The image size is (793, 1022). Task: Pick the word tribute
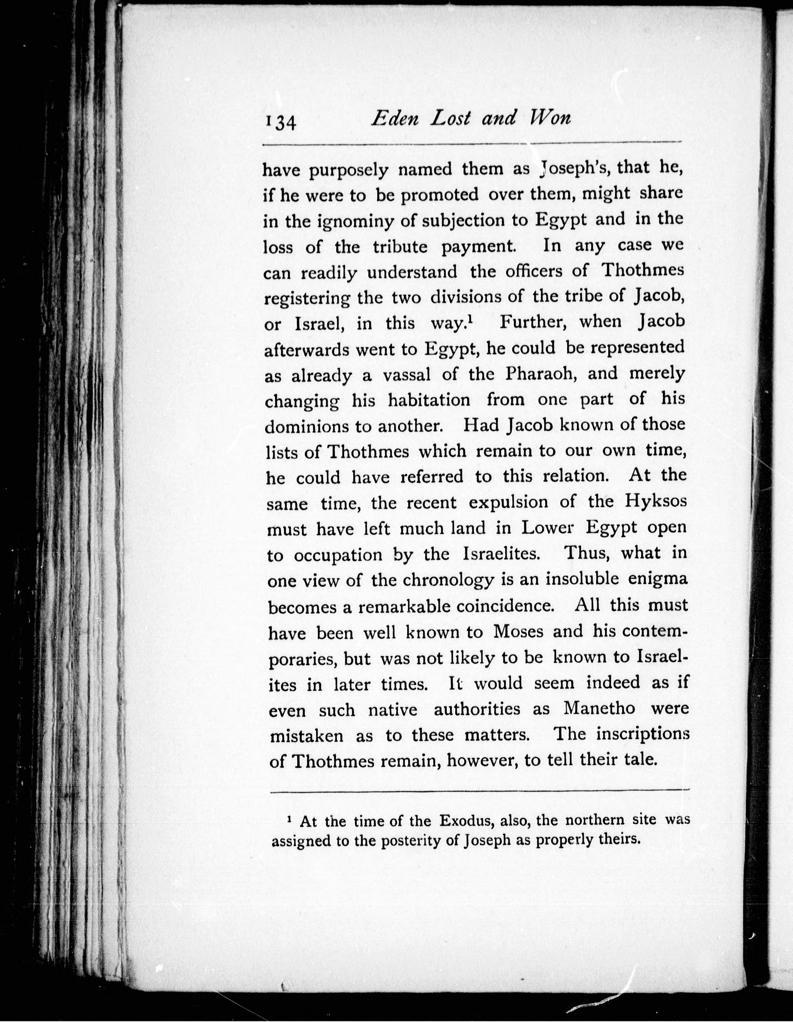click(400, 247)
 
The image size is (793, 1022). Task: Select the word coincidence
click(505, 606)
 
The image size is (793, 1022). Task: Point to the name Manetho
click(600, 708)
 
